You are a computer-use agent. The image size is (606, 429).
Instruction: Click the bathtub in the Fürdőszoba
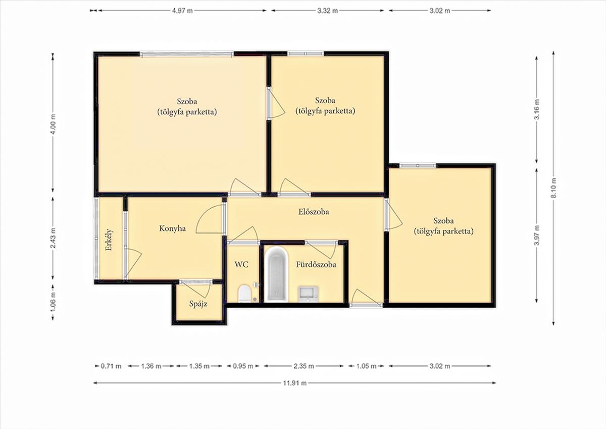point(276,275)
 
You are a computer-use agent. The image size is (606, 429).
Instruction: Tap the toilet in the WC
point(244,294)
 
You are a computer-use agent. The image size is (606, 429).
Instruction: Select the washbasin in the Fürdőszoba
point(309,294)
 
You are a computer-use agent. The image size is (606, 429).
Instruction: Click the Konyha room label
point(172,228)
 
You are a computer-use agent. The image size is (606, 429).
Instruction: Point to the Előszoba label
point(314,211)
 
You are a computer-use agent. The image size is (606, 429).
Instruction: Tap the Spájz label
point(198,304)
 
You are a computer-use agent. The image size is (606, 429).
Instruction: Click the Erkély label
point(109,240)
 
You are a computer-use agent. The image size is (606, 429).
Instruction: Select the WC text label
point(241,264)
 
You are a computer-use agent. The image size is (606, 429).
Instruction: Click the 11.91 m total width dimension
point(295,383)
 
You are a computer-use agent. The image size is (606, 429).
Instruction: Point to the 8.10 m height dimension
point(553,188)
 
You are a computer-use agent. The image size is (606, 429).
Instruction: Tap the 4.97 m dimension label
point(183,11)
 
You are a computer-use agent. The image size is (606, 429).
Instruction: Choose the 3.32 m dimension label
point(327,11)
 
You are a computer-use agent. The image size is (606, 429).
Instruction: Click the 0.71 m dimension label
point(111,366)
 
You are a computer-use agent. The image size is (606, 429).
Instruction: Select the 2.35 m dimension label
point(304,366)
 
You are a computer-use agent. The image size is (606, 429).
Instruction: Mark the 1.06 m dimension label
point(53,302)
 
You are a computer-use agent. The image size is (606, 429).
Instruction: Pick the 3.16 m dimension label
point(537,109)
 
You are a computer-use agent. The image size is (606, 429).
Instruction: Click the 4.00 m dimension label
point(53,124)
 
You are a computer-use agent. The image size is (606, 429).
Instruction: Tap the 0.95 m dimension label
point(243,366)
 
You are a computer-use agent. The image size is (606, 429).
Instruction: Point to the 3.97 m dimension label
point(537,235)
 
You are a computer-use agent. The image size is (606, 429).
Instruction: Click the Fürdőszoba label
point(316,264)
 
